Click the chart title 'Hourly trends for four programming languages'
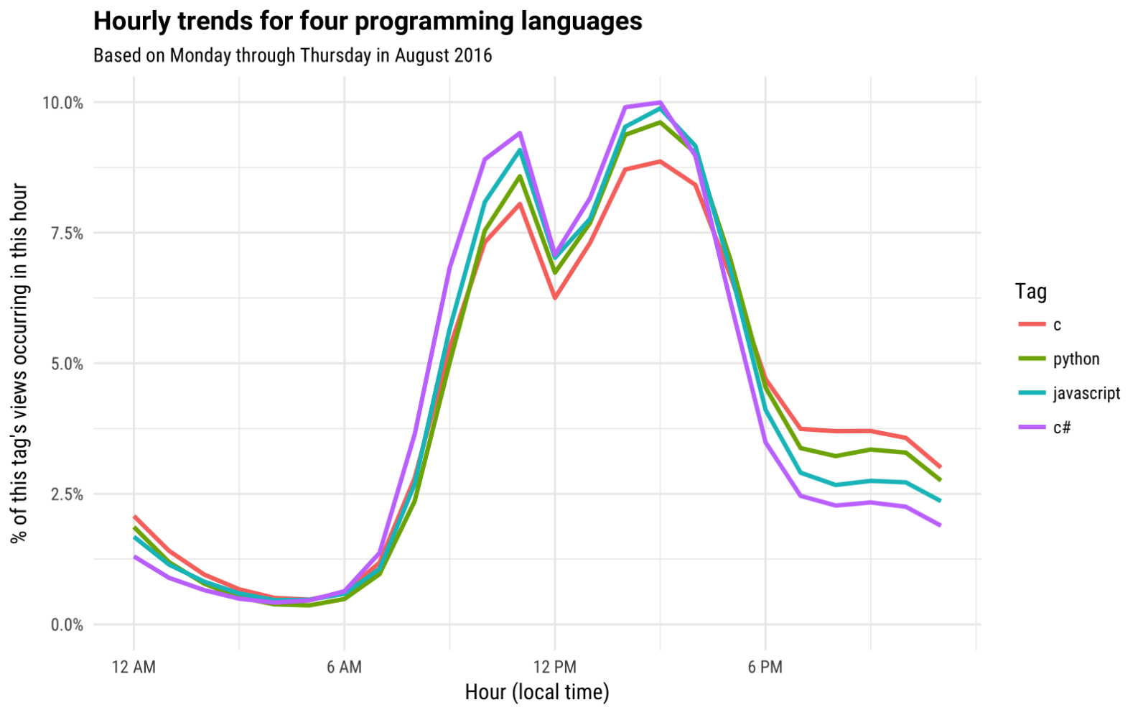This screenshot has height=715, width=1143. coord(368,22)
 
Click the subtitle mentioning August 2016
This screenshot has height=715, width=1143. coord(292,55)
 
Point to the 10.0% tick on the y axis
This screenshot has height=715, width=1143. coord(63,103)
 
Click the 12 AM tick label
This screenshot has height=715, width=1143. coord(134,667)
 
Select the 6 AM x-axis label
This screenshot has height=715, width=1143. coord(344,667)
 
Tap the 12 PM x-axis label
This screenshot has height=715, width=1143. coord(554,667)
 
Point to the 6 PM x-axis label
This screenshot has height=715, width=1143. coord(765,667)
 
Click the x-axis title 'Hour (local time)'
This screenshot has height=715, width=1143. coord(537,692)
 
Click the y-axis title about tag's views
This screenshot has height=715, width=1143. coord(19,363)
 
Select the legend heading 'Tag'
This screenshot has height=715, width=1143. coord(1030,292)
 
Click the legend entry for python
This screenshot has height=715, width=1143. coord(1076,359)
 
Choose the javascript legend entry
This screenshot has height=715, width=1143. coord(1086,393)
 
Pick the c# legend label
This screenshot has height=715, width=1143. coord(1062,428)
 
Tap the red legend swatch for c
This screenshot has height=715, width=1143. coord(1032,325)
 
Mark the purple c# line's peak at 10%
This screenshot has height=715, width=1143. coord(660,103)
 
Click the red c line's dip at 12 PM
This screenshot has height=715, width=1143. coord(555,297)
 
